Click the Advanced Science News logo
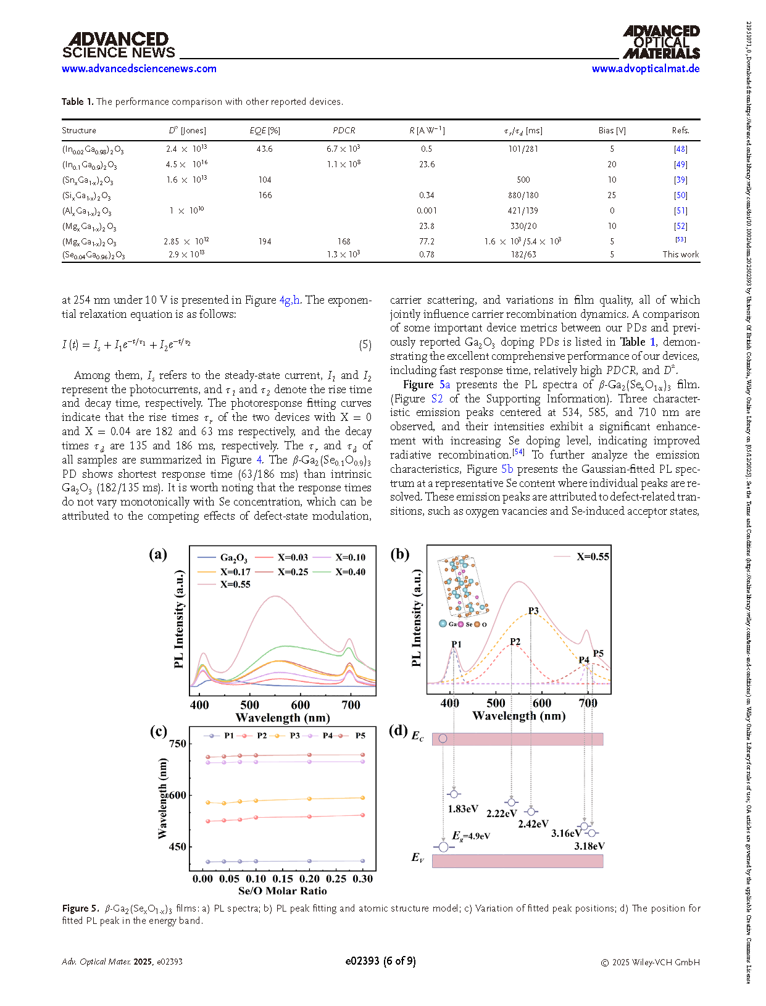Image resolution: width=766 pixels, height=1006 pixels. click(x=119, y=46)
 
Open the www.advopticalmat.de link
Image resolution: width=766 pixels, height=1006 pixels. click(x=645, y=69)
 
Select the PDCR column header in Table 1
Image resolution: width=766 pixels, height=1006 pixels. click(x=344, y=130)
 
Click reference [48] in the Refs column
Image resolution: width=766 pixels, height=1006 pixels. click(x=680, y=149)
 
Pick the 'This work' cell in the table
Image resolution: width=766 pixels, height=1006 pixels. click(x=680, y=254)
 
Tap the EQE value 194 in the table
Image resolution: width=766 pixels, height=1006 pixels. click(x=265, y=241)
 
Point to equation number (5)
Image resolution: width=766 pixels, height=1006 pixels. click(x=365, y=345)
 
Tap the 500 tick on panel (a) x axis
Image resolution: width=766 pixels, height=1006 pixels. click(x=250, y=705)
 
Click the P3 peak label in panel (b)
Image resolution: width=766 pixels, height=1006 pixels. click(x=533, y=611)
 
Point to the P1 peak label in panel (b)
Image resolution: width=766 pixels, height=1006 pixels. click(x=456, y=644)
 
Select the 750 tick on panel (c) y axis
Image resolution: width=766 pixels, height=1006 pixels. click(x=178, y=744)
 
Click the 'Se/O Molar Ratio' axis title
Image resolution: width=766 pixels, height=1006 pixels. click(x=282, y=891)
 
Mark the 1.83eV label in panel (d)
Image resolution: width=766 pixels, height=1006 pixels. click(x=463, y=809)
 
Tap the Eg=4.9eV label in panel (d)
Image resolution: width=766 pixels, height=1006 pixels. click(x=471, y=836)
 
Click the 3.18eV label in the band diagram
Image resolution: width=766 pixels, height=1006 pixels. click(x=589, y=846)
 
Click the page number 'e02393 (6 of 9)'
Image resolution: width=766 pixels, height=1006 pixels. click(x=380, y=961)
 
